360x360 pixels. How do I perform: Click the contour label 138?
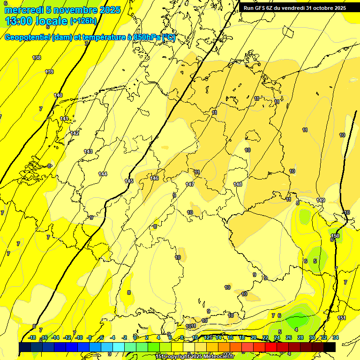tap(37, 58)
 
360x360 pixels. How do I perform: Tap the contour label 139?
tap(49, 72)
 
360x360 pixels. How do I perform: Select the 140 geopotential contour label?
tap(58, 95)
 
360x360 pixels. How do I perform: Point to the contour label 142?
tap(75, 133)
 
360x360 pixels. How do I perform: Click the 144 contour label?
tap(103, 174)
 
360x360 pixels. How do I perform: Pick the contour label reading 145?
tap(129, 181)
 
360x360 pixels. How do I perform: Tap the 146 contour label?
tap(154, 178)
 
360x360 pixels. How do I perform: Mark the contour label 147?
tap(190, 184)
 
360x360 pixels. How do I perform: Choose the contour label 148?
tap(238, 184)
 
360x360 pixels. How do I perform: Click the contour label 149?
tap(321, 200)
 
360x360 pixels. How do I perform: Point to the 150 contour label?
tap(335, 236)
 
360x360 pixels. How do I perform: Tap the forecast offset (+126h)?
tap(83, 21)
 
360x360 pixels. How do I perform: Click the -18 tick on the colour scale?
tap(32, 337)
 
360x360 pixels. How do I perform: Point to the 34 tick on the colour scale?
tap(336, 337)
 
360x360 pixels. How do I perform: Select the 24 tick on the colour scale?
tap(277, 337)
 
